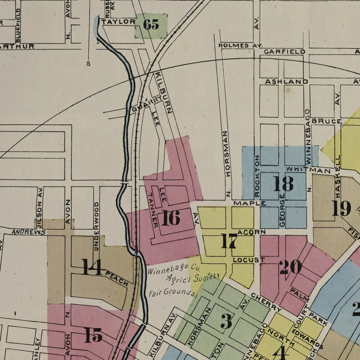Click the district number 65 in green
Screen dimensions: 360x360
(151, 25)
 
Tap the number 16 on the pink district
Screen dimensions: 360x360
(171, 218)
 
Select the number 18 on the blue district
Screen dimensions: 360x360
(283, 184)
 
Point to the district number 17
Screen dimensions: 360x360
(229, 241)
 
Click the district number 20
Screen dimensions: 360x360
(290, 267)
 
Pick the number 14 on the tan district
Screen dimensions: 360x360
(92, 267)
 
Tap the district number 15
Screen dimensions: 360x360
(93, 335)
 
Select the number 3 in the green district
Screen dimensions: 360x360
(226, 321)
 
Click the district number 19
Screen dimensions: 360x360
(341, 208)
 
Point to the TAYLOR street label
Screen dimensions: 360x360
(118, 22)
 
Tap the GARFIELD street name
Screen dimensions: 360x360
(284, 52)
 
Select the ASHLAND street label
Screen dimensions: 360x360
(286, 82)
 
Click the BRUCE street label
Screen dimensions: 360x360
(327, 121)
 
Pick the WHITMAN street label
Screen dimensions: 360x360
(308, 170)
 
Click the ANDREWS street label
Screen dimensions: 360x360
(28, 232)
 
